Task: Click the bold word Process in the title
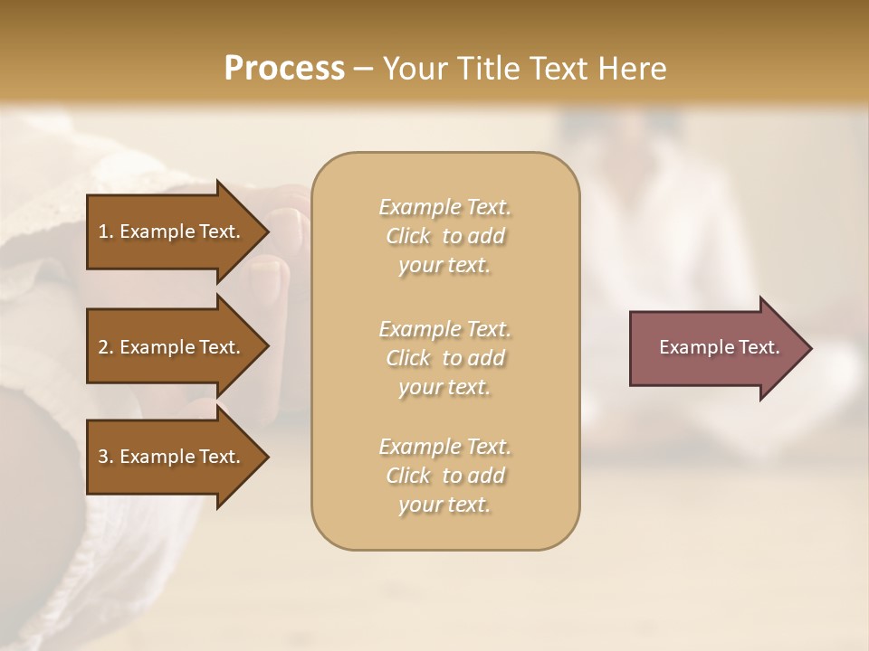(x=284, y=69)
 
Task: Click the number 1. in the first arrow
(x=106, y=231)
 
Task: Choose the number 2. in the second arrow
(x=106, y=347)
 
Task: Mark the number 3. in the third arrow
(x=106, y=457)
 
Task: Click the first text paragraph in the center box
(x=444, y=236)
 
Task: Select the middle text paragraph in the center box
(x=444, y=358)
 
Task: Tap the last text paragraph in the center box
(x=444, y=476)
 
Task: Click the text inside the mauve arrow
(x=719, y=347)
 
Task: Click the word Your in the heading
(x=414, y=69)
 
